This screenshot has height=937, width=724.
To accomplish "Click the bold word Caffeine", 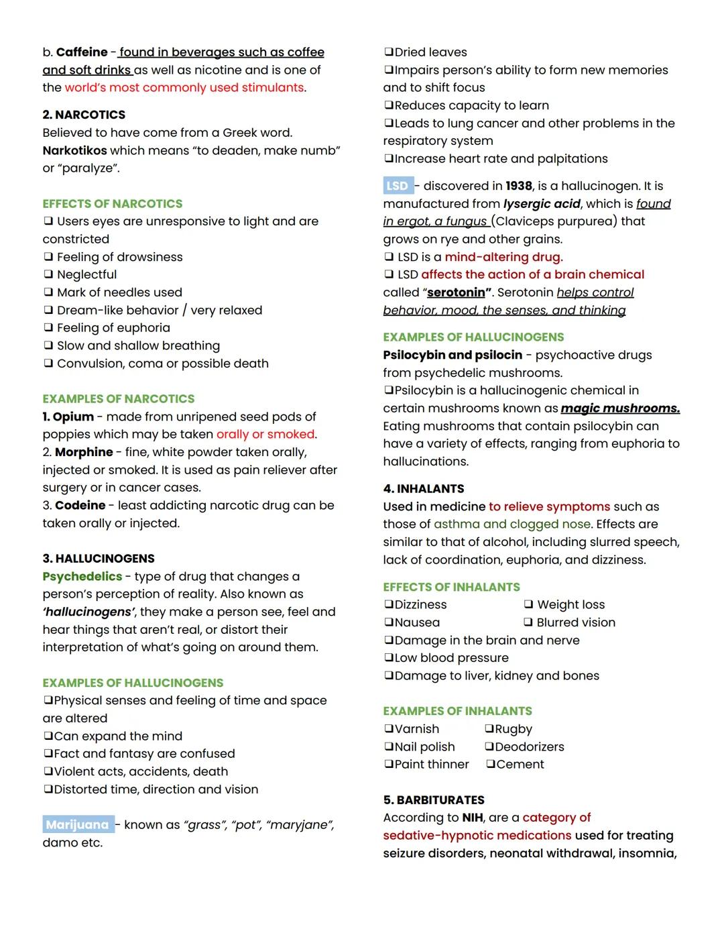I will coord(82,52).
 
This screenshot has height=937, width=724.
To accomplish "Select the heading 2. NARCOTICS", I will coord(84,115).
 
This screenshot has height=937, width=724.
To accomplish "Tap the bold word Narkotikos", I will coord(74,150).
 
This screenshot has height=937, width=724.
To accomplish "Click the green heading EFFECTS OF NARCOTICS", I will coord(112,203).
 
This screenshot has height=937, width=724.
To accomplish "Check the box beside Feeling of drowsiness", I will coord(48,257).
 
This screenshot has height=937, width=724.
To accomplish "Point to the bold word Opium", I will coord(73,417).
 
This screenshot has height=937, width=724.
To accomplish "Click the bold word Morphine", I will coord(84,452).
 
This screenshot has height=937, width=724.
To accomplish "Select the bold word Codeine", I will coord(80,505).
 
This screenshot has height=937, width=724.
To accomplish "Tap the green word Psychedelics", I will coord(82,576).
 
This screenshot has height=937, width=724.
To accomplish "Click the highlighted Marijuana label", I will coord(77,824).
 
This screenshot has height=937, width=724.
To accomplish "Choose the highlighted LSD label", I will coord(397,186).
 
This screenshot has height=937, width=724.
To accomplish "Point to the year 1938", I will coord(519,186).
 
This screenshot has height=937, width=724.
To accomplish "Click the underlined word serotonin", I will coord(456,292).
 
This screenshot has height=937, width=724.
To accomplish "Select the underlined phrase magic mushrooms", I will coord(620,408).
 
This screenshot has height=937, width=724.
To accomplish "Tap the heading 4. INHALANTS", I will coord(424,488).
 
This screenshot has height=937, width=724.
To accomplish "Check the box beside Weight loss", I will coord(528,605).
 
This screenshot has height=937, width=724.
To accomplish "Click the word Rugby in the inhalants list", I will coord(513,729).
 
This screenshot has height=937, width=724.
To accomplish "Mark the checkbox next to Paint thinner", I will coord(389,765).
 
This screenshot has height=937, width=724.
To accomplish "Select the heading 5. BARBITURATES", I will coord(434,800).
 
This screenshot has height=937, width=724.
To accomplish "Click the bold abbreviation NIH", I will coord(472,818).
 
